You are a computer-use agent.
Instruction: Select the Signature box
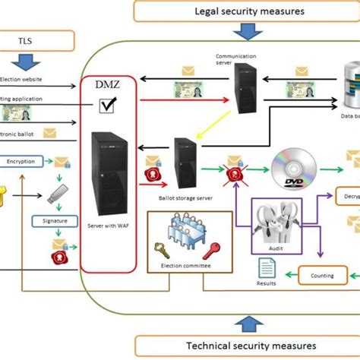(55, 220)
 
